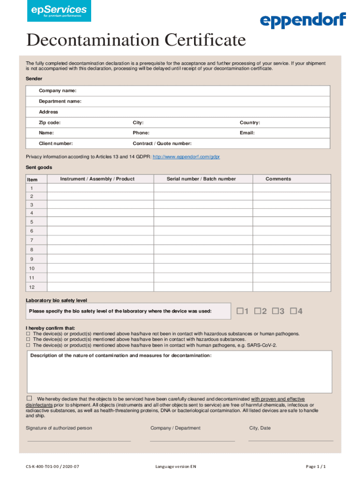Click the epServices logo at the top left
(59, 11)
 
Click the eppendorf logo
(302, 21)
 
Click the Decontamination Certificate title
(136, 41)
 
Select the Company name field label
(58, 90)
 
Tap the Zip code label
(50, 123)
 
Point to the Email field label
(247, 133)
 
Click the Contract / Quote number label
(162, 144)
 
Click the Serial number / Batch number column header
(202, 179)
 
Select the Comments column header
(278, 179)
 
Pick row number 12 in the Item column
(31, 287)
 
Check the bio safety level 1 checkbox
(240, 311)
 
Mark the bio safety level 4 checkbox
(294, 311)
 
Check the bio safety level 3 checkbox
(275, 311)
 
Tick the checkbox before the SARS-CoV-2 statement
(28, 345)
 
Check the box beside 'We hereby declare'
(29, 398)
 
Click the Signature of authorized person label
(59, 428)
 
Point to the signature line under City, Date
(291, 440)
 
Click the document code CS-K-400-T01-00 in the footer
(52, 467)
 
